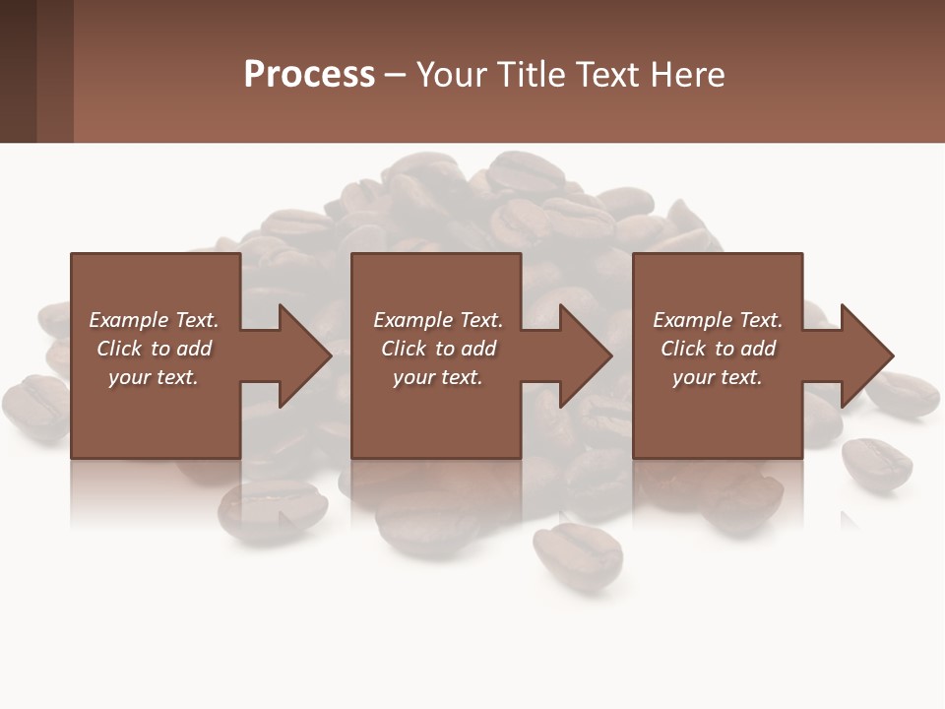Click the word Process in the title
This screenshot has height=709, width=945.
[x=309, y=75]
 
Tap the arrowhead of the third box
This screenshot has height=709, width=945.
[x=865, y=355]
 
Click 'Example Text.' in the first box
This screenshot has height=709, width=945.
[x=154, y=320]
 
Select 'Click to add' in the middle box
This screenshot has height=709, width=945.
[x=438, y=349]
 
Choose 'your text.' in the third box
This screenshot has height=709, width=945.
[x=717, y=377]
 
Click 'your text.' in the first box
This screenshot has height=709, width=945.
[x=154, y=377]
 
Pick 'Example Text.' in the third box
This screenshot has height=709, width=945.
[x=717, y=320]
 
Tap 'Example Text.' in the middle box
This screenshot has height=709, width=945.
[x=438, y=320]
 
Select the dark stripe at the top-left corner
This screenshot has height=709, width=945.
[x=18, y=71]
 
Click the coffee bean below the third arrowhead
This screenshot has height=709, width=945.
[x=875, y=463]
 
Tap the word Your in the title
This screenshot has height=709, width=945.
[x=452, y=75]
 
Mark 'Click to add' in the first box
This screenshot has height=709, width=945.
[x=154, y=349]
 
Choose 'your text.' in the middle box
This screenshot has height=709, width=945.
[x=438, y=377]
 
